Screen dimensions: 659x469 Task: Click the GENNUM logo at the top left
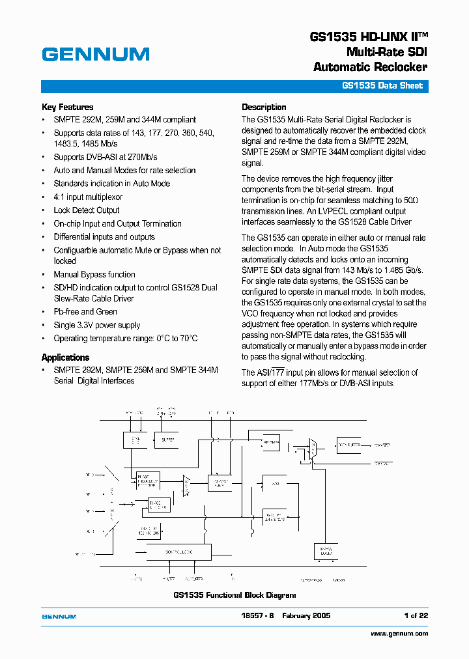point(96,54)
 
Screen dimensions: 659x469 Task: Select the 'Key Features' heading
point(67,107)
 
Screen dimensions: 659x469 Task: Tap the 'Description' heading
point(264,107)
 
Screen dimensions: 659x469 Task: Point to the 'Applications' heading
point(65,358)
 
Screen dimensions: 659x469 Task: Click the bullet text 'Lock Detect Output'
point(87,210)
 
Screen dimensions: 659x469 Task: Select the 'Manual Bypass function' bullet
point(94,274)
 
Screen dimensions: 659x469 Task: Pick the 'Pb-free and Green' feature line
point(85,312)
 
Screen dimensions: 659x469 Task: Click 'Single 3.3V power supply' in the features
point(97,325)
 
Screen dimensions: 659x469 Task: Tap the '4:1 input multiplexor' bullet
point(88,197)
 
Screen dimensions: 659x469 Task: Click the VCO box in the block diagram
point(274,483)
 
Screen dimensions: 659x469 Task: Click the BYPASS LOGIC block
point(326,551)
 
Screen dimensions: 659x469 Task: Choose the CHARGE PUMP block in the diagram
point(220,483)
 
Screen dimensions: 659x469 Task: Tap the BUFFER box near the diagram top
point(169,440)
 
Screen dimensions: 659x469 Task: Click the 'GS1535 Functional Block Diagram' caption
point(234,595)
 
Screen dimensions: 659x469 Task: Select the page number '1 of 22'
point(416,615)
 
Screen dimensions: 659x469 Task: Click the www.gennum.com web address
point(399,633)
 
